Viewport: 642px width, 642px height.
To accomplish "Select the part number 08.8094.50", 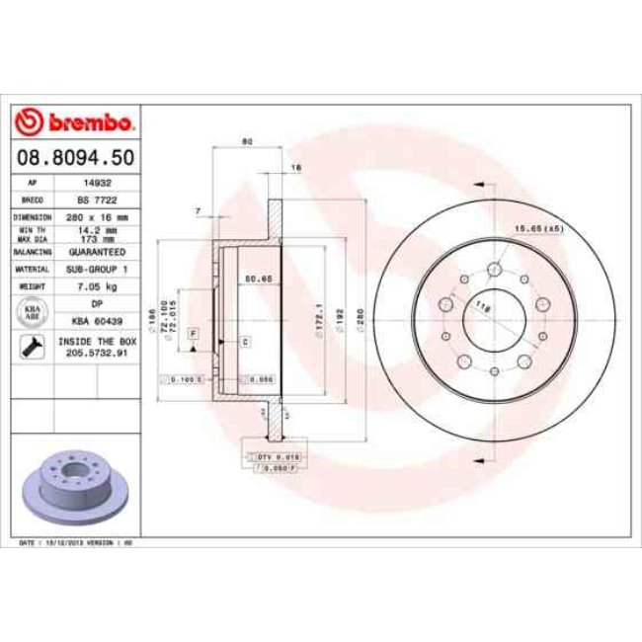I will (75, 157).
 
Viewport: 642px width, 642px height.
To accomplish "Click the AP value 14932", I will (97, 183).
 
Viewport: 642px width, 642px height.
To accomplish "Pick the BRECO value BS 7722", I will (97, 200).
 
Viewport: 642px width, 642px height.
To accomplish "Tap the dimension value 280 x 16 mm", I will (97, 215).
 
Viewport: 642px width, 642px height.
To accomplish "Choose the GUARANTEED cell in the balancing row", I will (97, 252).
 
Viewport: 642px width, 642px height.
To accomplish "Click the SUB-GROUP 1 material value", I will (97, 268).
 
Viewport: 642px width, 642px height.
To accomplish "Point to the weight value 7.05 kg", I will (97, 285).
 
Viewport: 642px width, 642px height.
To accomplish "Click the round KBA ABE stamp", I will (32, 313).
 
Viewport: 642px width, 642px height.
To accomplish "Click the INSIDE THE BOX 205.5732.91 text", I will (97, 347).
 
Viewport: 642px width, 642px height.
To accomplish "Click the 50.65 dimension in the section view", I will (259, 280).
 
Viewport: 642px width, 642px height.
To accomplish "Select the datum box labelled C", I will (244, 340).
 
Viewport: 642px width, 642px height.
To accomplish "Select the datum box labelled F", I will (193, 334).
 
